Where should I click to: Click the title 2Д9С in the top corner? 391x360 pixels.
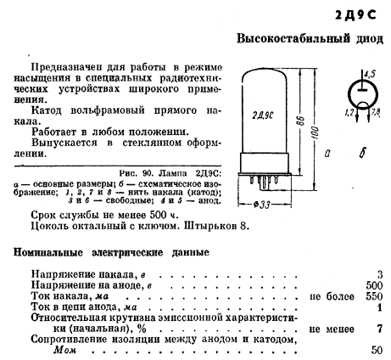[x=355, y=15]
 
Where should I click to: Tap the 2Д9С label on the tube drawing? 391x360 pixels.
[x=263, y=115]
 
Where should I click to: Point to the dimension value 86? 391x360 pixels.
[x=302, y=121]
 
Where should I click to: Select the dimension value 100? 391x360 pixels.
[x=316, y=132]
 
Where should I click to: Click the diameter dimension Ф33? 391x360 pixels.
[x=262, y=205]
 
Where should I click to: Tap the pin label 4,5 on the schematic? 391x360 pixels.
[x=370, y=74]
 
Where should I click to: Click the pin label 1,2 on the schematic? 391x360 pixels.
[x=349, y=113]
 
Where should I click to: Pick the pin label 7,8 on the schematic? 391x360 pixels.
[x=375, y=113]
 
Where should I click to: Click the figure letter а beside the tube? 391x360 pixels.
[x=327, y=154]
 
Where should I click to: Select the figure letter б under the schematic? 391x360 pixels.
[x=362, y=153]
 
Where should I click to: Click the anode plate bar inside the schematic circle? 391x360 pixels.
[x=362, y=90]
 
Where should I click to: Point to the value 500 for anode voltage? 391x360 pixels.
[x=374, y=285]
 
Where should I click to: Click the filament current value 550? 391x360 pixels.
[x=374, y=296]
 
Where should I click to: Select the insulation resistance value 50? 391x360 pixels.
[x=377, y=350]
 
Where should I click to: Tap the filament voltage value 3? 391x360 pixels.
[x=380, y=274]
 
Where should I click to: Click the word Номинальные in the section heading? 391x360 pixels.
[x=48, y=252]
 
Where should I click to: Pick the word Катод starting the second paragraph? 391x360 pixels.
[x=46, y=110]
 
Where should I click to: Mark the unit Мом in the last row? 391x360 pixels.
[x=64, y=350]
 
